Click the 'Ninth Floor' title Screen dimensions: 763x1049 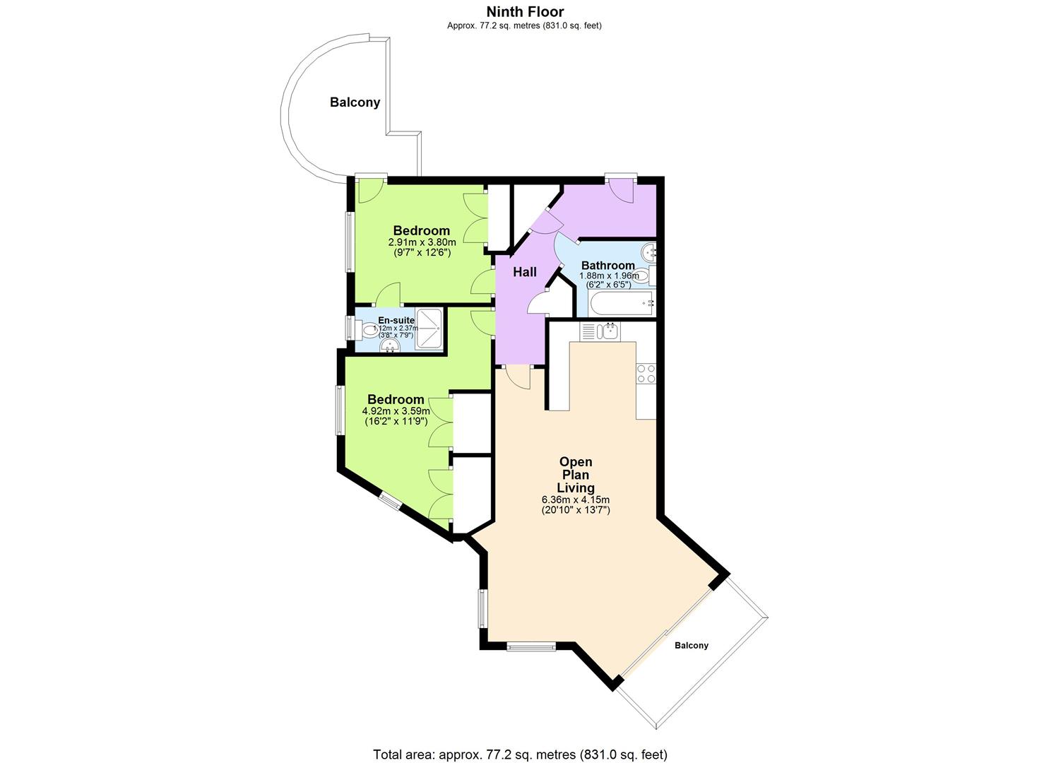click(x=524, y=11)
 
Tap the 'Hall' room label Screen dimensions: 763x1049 click(x=525, y=272)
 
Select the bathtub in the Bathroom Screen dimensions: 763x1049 click(x=621, y=304)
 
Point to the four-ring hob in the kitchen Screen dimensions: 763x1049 click(x=646, y=373)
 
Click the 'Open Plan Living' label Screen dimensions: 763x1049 click(x=576, y=475)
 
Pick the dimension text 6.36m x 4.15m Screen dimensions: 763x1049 click(x=576, y=499)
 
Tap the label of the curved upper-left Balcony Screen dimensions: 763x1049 click(x=355, y=102)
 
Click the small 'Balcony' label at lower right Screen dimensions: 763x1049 click(x=691, y=645)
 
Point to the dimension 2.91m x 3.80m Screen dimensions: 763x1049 click(x=422, y=242)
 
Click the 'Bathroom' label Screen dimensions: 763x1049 click(x=608, y=266)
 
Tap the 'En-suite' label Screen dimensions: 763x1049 click(x=396, y=320)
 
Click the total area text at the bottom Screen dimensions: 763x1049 click(x=520, y=754)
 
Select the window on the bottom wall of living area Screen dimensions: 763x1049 click(x=531, y=645)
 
